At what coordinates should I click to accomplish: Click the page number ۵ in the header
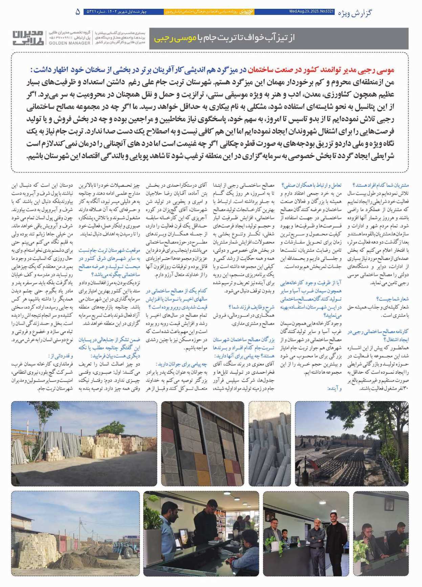click(x=78, y=12)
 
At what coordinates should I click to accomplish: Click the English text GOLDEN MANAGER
click(x=69, y=43)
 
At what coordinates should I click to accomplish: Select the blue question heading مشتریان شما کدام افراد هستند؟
click(x=381, y=185)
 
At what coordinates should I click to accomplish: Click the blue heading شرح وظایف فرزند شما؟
click(x=251, y=307)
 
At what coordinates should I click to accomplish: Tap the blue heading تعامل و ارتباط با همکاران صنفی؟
click(x=311, y=185)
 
